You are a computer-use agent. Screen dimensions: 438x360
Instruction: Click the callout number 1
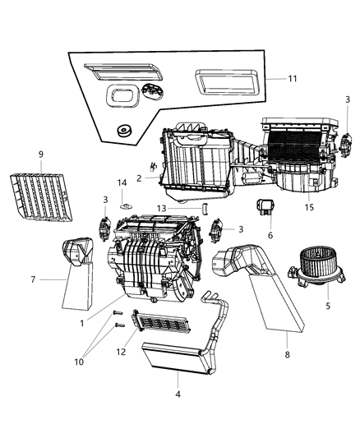(83, 323)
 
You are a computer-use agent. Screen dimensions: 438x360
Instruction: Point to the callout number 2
(140, 178)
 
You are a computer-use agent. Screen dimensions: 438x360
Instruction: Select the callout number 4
(178, 394)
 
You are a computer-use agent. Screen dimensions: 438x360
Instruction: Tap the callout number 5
(327, 306)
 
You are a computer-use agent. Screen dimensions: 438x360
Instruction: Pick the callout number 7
(34, 279)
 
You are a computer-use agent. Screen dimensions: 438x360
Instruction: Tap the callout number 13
(186, 208)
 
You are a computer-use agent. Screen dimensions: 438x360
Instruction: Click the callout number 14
(122, 182)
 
